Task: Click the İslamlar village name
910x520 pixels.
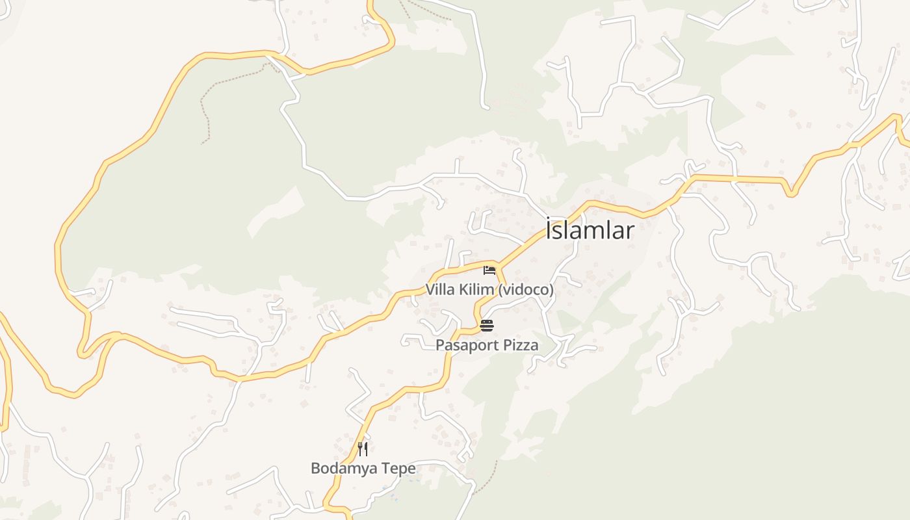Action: [x=590, y=230]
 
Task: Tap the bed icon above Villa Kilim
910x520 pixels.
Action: [x=489, y=270]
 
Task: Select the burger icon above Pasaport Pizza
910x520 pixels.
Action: [x=487, y=326]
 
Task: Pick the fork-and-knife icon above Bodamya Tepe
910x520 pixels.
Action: [x=363, y=448]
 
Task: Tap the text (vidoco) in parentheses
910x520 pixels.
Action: [x=525, y=290]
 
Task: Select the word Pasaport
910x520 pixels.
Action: [x=465, y=345]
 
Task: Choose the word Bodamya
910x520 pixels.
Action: [x=344, y=468]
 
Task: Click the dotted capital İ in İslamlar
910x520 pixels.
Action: [x=550, y=229]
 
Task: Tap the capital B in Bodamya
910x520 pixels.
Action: [x=315, y=468]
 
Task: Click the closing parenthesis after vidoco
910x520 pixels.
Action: [x=551, y=290]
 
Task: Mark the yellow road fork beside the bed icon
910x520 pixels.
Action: [x=499, y=265]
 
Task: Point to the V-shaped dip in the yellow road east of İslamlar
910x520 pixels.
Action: [x=790, y=192]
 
